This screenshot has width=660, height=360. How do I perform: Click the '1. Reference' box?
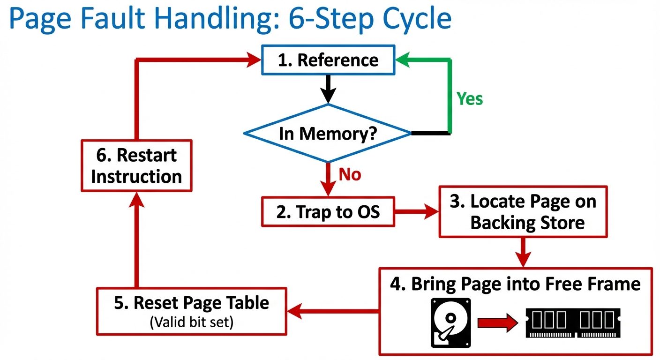click(x=328, y=60)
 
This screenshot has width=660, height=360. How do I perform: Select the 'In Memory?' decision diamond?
click(x=328, y=134)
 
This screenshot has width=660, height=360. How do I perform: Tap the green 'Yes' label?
click(x=470, y=98)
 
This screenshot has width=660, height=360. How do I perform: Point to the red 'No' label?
click(x=350, y=175)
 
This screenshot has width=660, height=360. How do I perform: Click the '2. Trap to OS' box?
click(x=328, y=212)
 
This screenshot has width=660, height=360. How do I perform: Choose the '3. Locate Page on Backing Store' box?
click(x=523, y=212)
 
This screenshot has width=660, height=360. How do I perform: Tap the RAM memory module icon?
click(x=573, y=322)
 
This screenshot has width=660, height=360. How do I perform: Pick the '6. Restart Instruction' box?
click(x=136, y=165)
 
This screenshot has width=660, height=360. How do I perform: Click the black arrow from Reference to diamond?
click(x=328, y=89)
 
